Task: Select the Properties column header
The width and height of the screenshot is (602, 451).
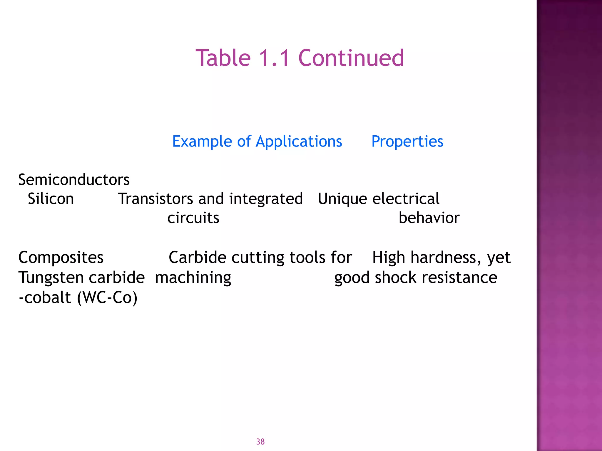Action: pyautogui.click(x=407, y=142)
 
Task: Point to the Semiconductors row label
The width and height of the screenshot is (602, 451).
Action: pyautogui.click(x=74, y=180)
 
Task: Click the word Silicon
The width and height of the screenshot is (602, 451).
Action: pyautogui.click(x=51, y=199)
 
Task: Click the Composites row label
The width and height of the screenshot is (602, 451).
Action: pyautogui.click(x=61, y=258)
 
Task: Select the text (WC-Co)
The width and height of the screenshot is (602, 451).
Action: pyautogui.click(x=107, y=298)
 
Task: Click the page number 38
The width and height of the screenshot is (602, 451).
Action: pyautogui.click(x=260, y=442)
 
